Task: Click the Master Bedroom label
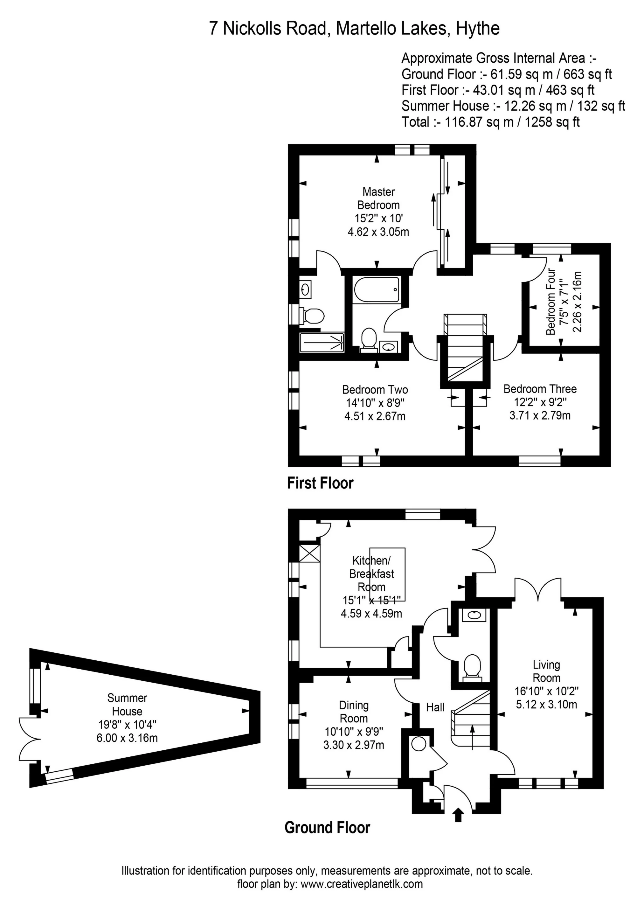point(378,198)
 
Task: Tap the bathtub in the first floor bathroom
point(376,290)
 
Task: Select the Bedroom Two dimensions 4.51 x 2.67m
point(375,416)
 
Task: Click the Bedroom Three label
point(540,389)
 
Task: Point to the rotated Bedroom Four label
point(551,302)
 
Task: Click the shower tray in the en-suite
point(322,342)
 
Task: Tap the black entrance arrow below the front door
point(458,815)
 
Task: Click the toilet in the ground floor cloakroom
point(472,666)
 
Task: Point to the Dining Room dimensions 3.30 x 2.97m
point(354,745)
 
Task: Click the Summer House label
point(127,704)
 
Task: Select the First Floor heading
point(320,483)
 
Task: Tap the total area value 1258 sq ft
point(552,122)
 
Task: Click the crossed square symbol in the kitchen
point(309,553)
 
